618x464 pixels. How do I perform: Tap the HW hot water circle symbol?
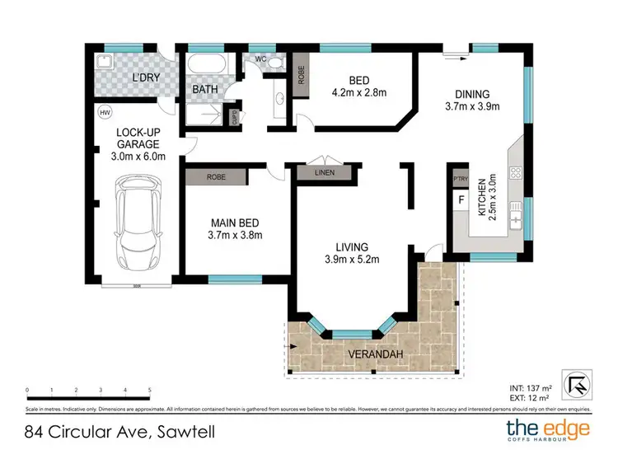click(x=105, y=112)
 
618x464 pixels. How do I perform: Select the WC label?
click(x=260, y=59)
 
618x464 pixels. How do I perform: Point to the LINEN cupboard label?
click(x=325, y=173)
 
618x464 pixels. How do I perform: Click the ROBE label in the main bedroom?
click(x=216, y=176)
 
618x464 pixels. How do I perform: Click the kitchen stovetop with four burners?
click(x=517, y=174)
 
